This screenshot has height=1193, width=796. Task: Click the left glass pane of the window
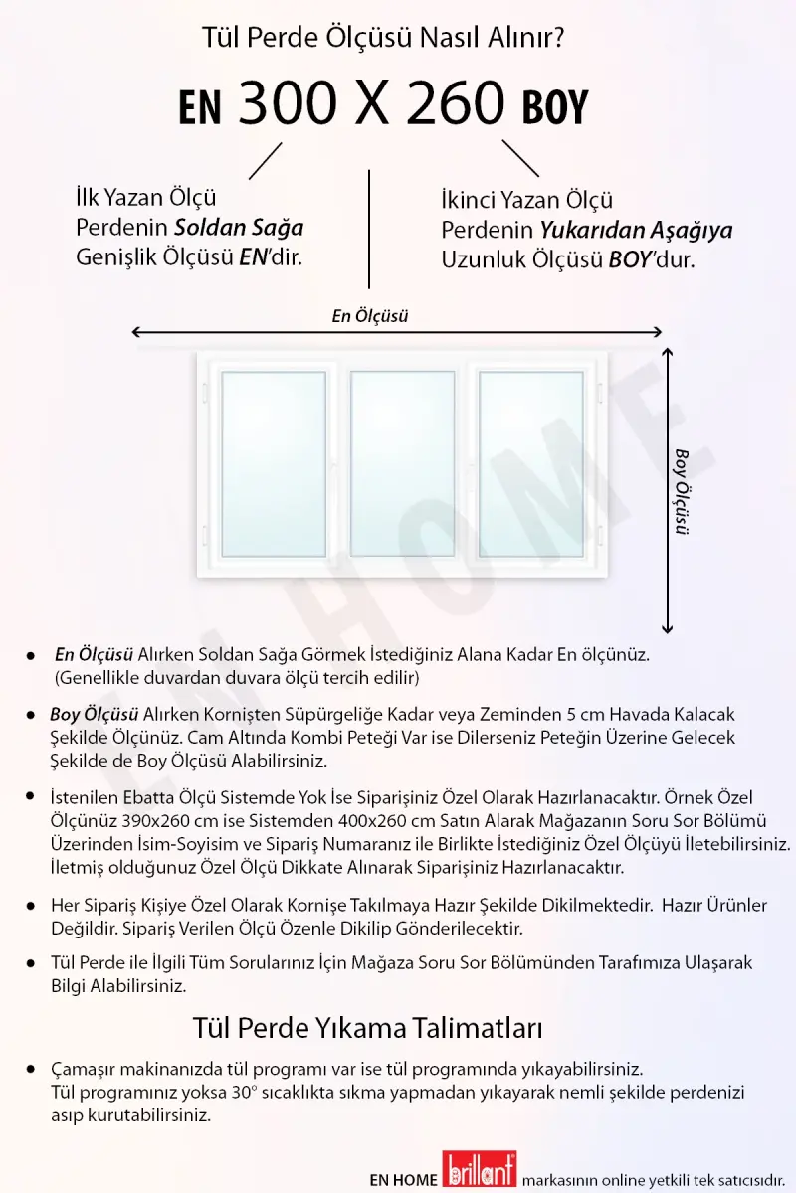click(273, 463)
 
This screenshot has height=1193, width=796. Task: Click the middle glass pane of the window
click(402, 463)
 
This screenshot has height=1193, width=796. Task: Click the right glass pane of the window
click(530, 463)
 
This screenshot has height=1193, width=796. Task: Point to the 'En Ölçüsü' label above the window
click(370, 317)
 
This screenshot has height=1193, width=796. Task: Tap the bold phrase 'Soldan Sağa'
click(239, 228)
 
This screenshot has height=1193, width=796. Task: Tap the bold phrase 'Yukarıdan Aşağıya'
click(636, 231)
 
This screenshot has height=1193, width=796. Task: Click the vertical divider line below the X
click(370, 229)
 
